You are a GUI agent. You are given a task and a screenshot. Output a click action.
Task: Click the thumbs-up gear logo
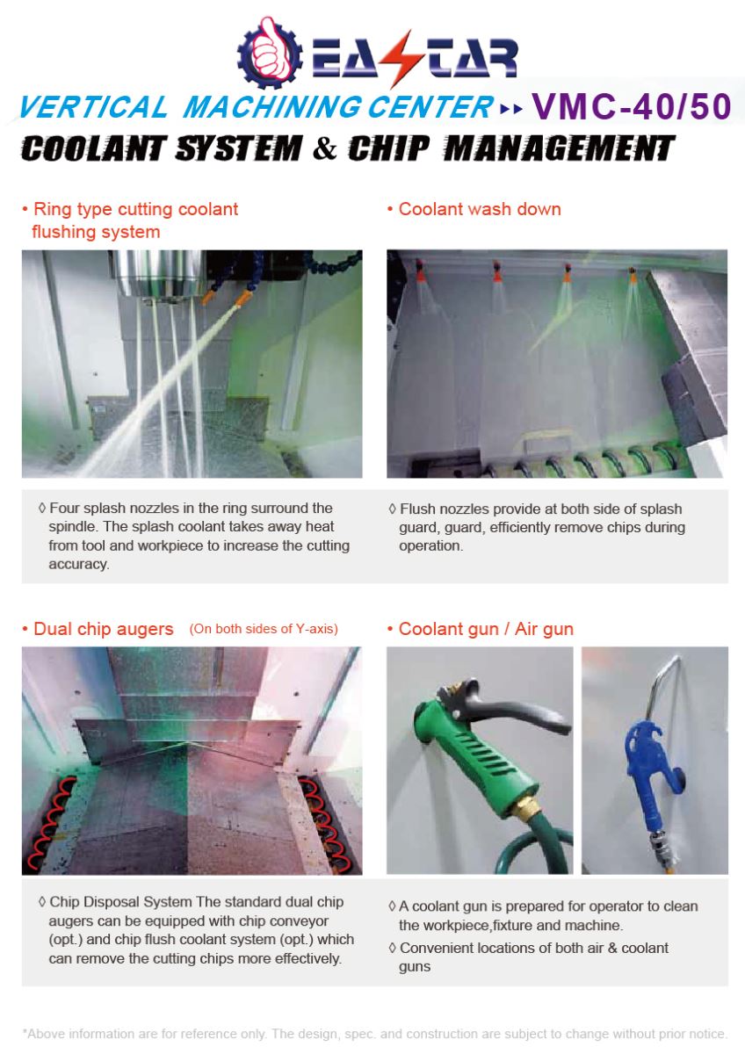coord(270,53)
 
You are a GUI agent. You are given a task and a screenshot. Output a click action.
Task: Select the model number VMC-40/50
coord(632,107)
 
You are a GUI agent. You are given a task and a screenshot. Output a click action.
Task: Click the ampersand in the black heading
coord(325,148)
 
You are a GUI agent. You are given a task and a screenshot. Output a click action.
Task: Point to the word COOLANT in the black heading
coord(94,148)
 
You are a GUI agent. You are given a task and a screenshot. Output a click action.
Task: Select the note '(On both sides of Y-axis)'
coord(264,629)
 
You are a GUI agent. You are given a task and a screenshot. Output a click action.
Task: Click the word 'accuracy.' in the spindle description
coord(78,564)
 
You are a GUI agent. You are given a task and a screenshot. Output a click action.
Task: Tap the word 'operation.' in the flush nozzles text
coord(430,545)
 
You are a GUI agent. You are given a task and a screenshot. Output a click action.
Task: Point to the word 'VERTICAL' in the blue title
coord(93,107)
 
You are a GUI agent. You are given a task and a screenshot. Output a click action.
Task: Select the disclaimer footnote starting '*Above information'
coord(375,1034)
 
